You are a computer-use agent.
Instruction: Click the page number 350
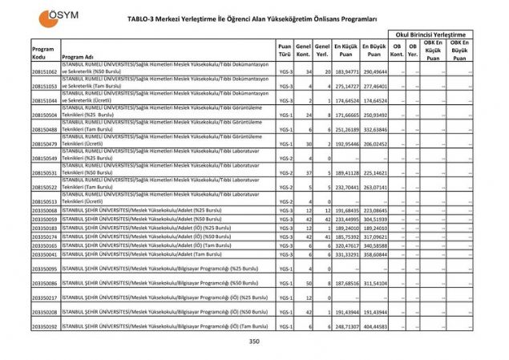254,342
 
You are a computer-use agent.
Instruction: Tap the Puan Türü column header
284,51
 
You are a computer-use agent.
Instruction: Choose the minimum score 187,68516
346,283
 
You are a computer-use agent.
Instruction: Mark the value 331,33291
346,253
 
